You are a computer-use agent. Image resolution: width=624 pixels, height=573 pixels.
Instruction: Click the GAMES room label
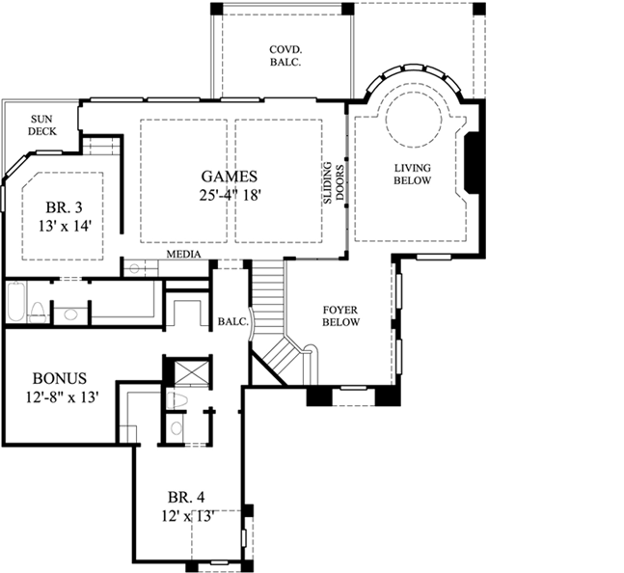point(229,176)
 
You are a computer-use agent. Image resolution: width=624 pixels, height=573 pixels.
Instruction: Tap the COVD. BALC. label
point(283,56)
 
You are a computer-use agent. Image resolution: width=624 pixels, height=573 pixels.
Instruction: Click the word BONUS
point(60,377)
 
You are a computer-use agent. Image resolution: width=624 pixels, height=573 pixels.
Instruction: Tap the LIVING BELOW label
point(412,174)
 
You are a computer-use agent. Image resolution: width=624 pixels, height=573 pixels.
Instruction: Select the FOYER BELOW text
point(340,315)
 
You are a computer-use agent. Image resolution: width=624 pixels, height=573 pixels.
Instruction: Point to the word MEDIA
point(183,255)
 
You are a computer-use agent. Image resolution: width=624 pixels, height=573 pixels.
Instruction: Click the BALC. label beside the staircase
point(231,321)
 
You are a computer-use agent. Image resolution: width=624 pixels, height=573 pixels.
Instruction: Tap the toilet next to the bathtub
point(39,311)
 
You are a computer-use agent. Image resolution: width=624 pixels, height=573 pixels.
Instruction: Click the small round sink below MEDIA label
point(135,268)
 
